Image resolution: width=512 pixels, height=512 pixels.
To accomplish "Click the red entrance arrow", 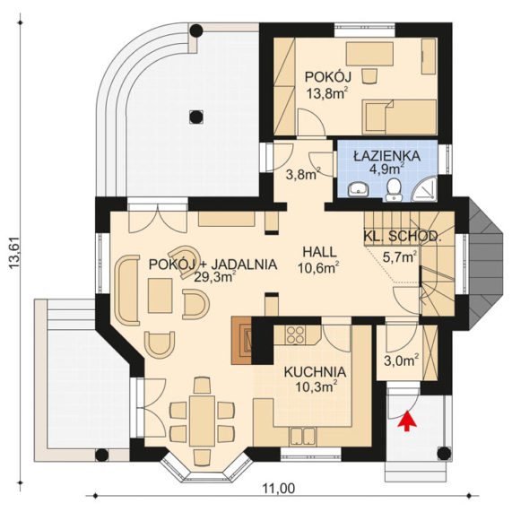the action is click(x=407, y=421).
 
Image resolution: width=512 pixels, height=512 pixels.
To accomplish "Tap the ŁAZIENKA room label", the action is click(x=387, y=156).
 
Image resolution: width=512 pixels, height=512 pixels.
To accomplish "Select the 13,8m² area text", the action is click(x=326, y=94).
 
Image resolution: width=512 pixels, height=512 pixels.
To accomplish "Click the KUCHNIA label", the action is click(x=315, y=372).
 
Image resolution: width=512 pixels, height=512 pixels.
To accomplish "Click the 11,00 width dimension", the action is click(x=279, y=489).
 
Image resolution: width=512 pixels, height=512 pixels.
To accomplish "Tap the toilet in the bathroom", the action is click(x=395, y=189).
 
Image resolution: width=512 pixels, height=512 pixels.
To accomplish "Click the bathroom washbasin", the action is click(x=358, y=189).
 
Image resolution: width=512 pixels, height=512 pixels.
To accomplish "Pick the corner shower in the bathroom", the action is click(x=425, y=190).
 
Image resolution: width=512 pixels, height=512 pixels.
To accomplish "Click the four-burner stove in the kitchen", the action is click(x=296, y=335).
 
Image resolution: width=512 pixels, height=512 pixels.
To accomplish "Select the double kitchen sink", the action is click(x=302, y=437).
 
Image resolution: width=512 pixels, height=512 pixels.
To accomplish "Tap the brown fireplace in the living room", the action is click(x=241, y=340).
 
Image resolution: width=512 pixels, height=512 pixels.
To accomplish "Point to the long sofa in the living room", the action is click(x=127, y=290).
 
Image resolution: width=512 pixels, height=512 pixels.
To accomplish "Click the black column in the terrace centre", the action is click(x=195, y=117).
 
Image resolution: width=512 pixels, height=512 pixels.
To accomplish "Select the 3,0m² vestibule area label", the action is click(x=402, y=360).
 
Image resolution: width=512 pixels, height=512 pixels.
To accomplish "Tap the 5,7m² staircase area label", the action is click(x=400, y=257).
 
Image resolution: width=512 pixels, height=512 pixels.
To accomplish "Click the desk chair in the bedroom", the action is click(x=369, y=77).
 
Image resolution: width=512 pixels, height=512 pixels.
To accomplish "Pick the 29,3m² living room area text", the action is click(x=215, y=277).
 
